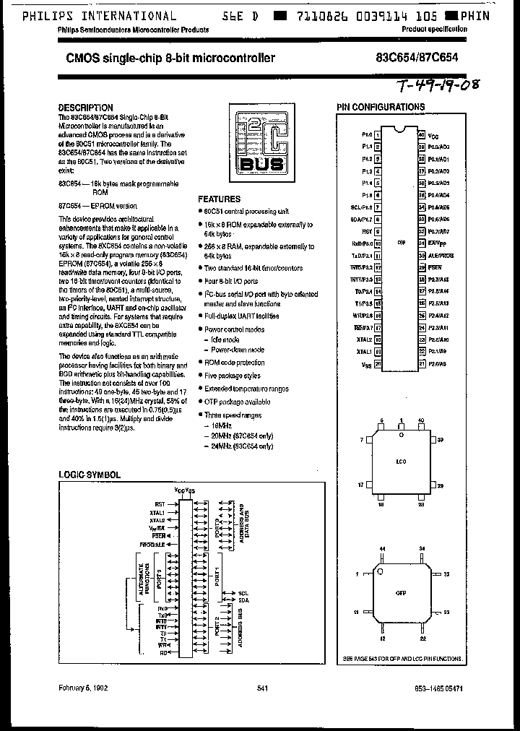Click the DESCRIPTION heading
click(x=85, y=108)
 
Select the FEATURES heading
click(x=220, y=199)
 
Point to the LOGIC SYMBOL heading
click(x=89, y=475)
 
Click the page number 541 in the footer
click(x=262, y=689)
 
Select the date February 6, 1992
click(x=84, y=689)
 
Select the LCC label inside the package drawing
click(x=401, y=460)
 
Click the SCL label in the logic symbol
click(x=243, y=593)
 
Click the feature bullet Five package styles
click(x=232, y=376)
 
